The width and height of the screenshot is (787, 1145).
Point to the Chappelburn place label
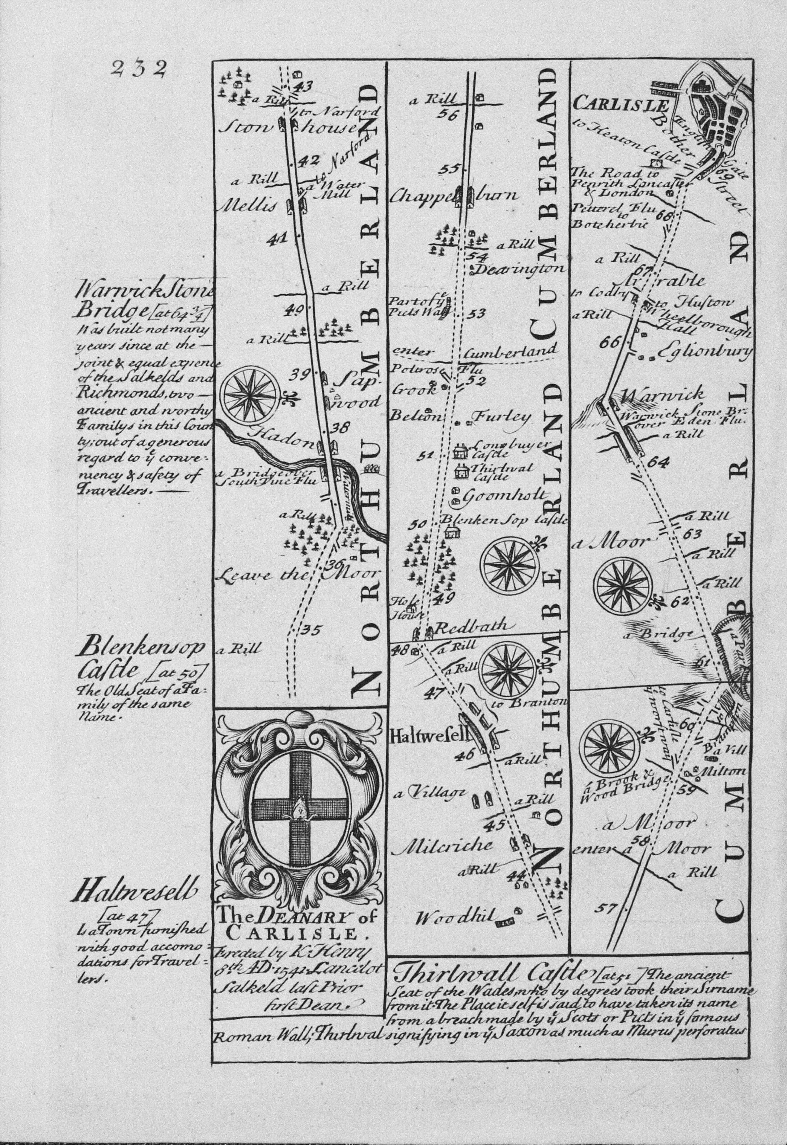(453, 196)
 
